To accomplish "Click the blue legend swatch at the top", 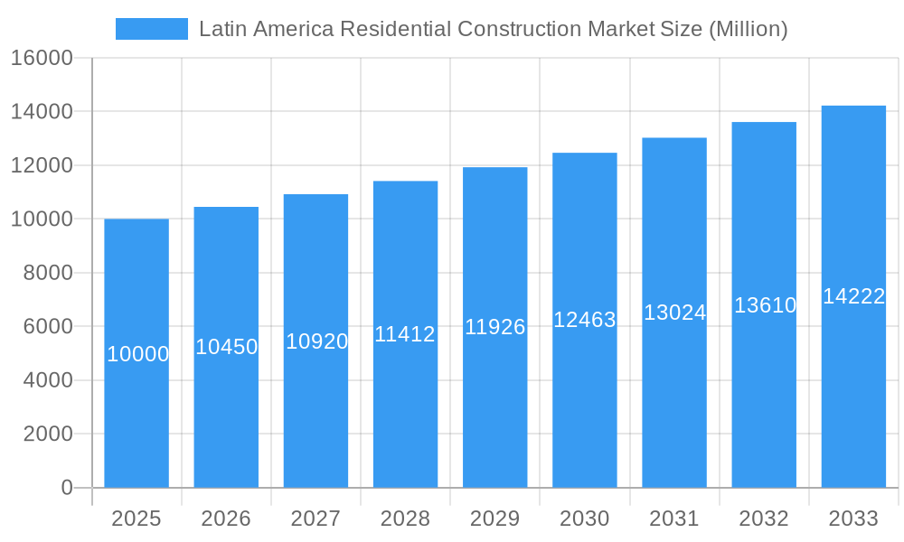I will click(151, 29).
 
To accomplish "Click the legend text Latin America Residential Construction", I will click(493, 29).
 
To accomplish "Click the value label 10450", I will click(227, 347).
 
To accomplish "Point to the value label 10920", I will click(316, 341).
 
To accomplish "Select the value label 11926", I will click(494, 327).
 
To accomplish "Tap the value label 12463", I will click(585, 320).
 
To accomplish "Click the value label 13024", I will click(674, 313).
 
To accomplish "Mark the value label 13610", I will click(765, 305).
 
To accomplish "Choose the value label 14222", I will click(853, 296).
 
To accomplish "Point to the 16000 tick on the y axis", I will click(42, 58).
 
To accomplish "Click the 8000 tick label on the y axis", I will click(48, 273).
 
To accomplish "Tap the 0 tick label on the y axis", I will click(66, 488).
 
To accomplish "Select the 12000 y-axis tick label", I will click(42, 165).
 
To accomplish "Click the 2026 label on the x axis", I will click(226, 519).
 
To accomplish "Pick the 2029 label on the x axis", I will click(494, 519).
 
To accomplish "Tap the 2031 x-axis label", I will click(674, 519).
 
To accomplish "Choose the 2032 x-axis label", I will click(764, 519).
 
